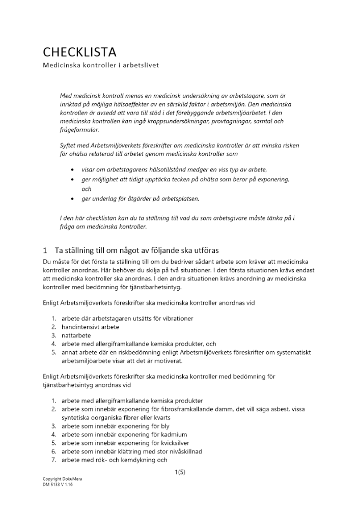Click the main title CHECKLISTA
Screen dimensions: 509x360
(79, 52)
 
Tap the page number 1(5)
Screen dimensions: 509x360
(180, 472)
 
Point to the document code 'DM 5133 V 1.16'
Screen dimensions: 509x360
(58, 485)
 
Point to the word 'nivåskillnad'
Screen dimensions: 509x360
(185, 451)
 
